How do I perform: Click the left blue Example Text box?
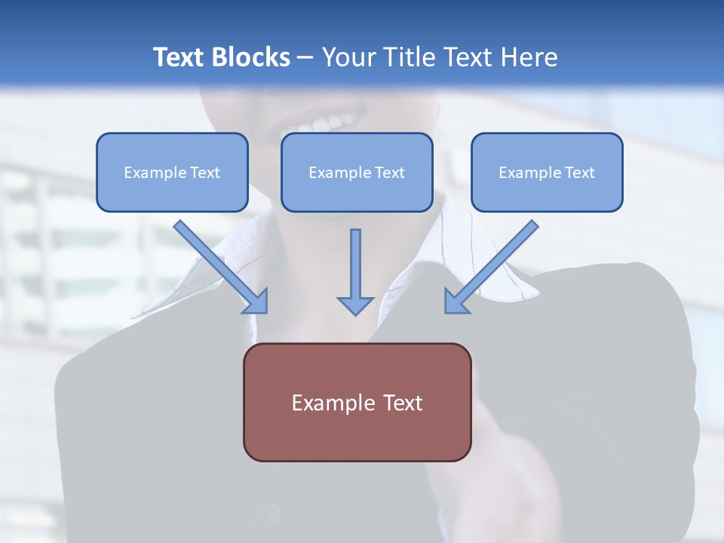[172, 173]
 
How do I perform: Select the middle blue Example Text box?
[357, 173]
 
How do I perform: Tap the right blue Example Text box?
[547, 173]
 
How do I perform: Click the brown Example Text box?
[357, 402]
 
